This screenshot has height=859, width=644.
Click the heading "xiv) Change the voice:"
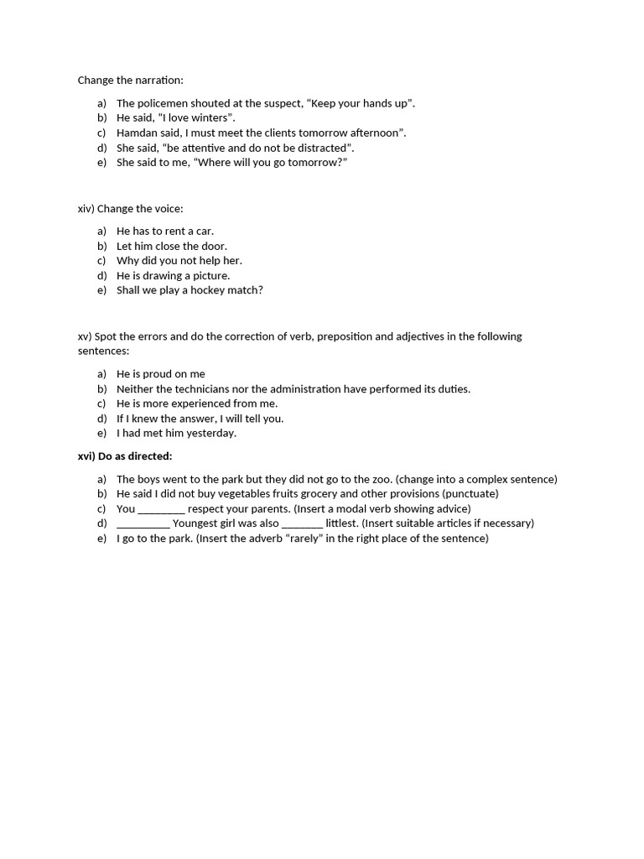pyautogui.click(x=130, y=209)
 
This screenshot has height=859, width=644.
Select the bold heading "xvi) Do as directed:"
pyautogui.click(x=124, y=456)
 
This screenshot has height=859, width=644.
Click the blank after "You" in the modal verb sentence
pyautogui.click(x=161, y=509)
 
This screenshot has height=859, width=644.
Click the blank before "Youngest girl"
pyautogui.click(x=143, y=523)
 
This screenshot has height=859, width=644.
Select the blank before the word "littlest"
pyautogui.click(x=302, y=523)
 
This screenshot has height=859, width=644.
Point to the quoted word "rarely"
pyautogui.click(x=307, y=538)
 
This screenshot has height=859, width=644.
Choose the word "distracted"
pyautogui.click(x=317, y=148)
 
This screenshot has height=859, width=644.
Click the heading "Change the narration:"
pyautogui.click(x=130, y=81)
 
